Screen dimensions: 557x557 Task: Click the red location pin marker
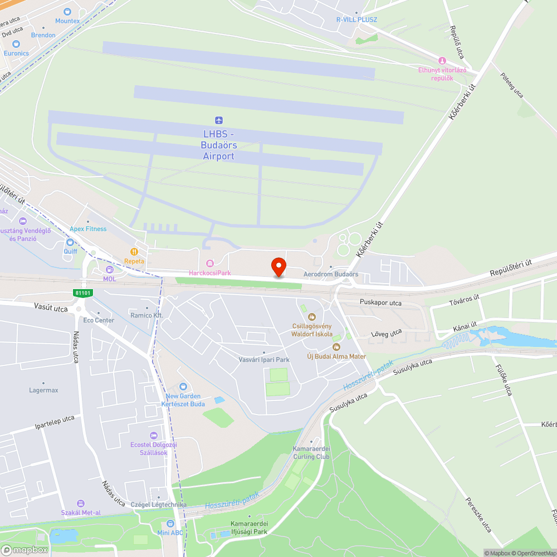click(x=278, y=266)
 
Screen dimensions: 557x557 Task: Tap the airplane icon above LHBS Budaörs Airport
click(x=218, y=120)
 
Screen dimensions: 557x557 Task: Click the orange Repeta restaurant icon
click(x=134, y=252)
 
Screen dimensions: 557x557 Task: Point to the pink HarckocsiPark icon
click(x=209, y=263)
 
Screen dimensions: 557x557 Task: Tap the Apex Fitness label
click(x=88, y=229)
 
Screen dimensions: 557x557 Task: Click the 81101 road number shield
click(x=82, y=292)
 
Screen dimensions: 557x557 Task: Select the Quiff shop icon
click(x=70, y=242)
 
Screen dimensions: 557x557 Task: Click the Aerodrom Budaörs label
click(x=330, y=275)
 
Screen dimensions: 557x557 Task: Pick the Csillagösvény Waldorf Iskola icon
click(x=311, y=317)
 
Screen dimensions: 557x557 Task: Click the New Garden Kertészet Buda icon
click(x=183, y=387)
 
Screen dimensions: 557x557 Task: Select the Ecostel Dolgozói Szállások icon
click(x=154, y=436)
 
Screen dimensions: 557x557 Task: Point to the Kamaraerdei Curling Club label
click(x=311, y=453)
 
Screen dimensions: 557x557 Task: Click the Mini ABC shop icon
click(x=170, y=524)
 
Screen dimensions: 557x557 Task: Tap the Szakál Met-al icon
click(x=81, y=504)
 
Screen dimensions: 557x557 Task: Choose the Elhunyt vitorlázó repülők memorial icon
click(x=442, y=61)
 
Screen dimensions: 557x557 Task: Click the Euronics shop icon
click(x=16, y=44)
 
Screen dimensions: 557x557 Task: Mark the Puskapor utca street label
click(x=380, y=304)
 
